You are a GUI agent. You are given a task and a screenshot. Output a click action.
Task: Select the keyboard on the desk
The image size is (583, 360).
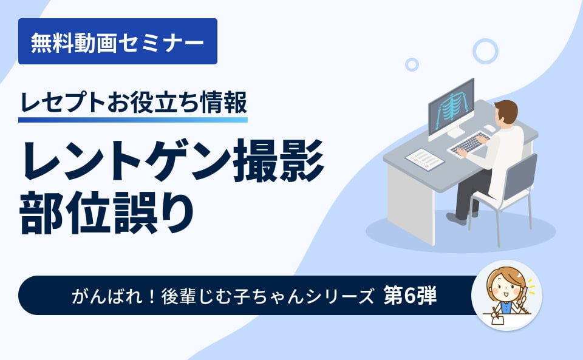click(x=468, y=144)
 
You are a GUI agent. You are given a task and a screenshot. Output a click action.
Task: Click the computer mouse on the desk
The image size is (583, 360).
click(x=489, y=128)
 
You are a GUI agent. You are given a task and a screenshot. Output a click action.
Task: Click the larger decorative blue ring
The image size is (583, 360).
click(x=485, y=51)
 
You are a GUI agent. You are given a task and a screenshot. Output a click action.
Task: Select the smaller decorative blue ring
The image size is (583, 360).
click(x=412, y=64)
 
